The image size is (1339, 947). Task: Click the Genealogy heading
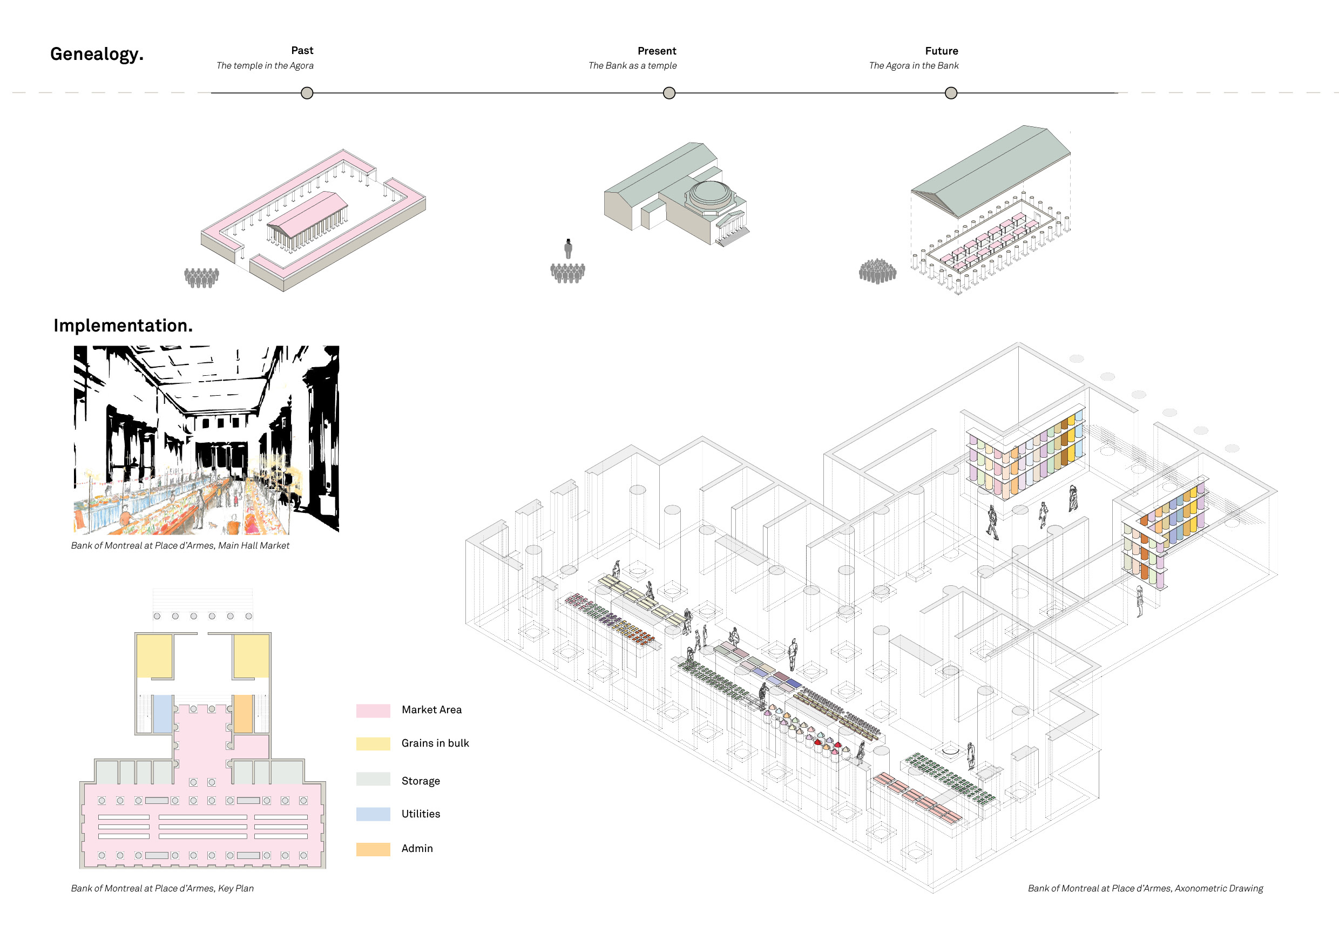(x=97, y=54)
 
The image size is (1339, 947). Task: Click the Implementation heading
(x=123, y=326)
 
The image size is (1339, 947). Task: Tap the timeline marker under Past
(x=307, y=93)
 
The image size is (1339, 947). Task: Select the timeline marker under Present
(x=669, y=93)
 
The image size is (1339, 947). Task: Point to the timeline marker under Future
(x=951, y=93)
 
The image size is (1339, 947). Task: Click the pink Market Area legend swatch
(x=373, y=711)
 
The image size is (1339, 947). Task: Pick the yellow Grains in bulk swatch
(x=373, y=743)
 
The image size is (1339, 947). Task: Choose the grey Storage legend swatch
(x=373, y=779)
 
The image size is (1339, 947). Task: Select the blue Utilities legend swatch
(x=373, y=814)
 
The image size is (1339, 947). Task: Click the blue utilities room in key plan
(x=162, y=713)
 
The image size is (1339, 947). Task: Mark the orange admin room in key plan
(x=243, y=713)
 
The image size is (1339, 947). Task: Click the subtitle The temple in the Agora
(x=265, y=66)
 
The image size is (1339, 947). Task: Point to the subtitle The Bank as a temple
(x=632, y=66)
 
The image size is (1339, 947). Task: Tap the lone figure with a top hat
(x=568, y=248)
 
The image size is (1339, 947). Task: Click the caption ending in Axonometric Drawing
(x=1145, y=888)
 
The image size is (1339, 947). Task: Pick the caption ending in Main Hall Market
(x=180, y=546)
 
